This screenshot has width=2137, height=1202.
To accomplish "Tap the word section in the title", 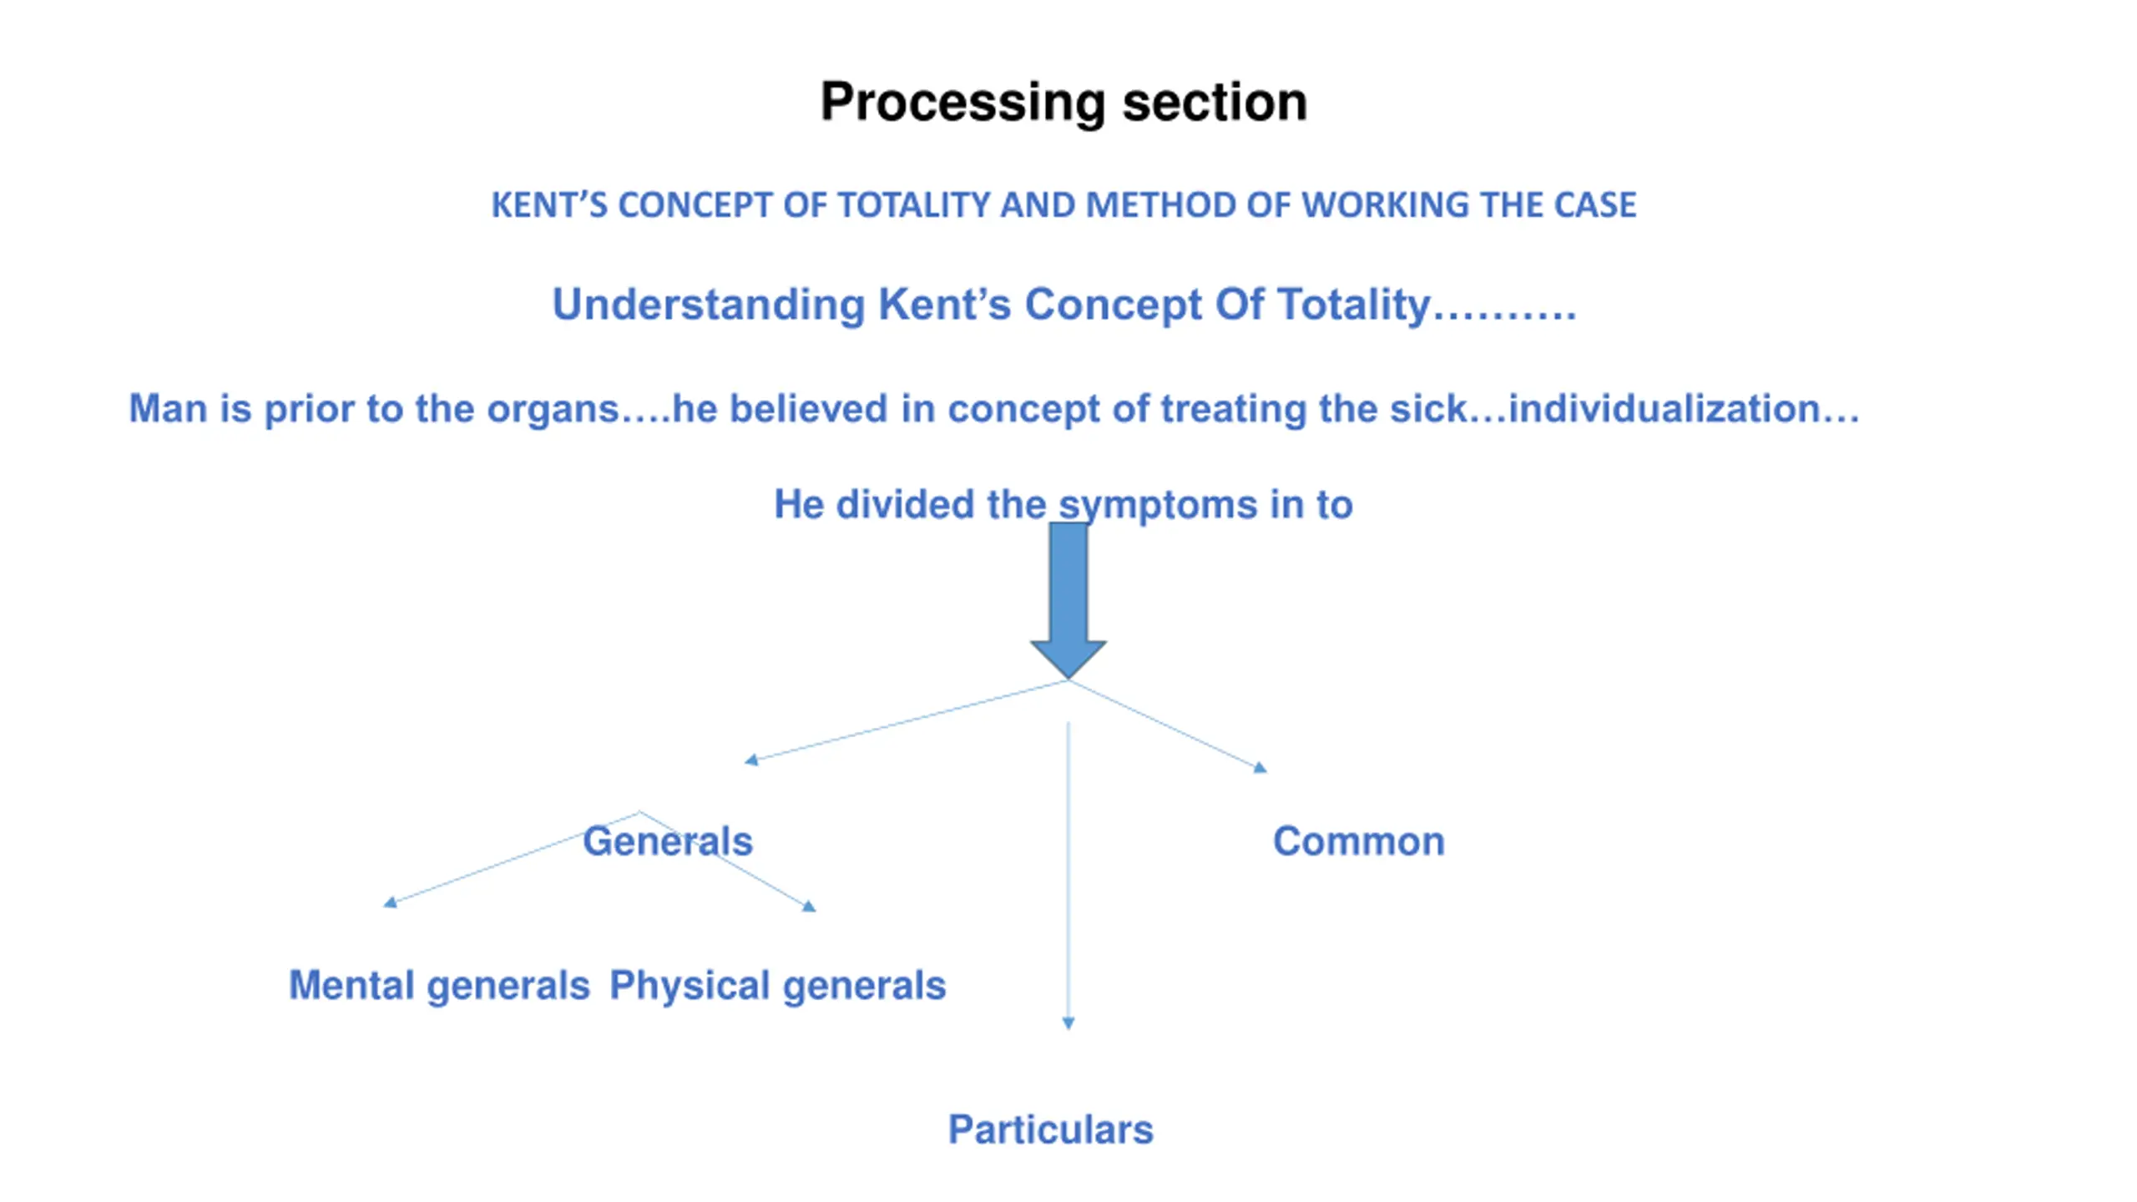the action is (1215, 102).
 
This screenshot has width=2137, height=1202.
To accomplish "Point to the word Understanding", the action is (709, 305).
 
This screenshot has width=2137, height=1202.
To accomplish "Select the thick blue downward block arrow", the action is (1068, 600).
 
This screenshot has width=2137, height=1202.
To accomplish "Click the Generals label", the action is (668, 841).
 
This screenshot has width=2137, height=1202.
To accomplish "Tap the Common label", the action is (1359, 841).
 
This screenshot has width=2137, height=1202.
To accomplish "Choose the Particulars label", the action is (1051, 1130).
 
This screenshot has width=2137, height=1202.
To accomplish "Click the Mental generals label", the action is (439, 987).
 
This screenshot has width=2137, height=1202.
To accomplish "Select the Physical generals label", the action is (778, 987).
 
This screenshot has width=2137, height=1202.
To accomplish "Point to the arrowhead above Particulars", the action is (1068, 1023).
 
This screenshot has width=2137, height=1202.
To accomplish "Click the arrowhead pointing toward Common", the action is (1260, 768).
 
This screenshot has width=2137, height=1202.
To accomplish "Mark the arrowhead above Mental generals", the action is (390, 901).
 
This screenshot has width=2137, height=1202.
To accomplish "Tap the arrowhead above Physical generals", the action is (809, 906).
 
